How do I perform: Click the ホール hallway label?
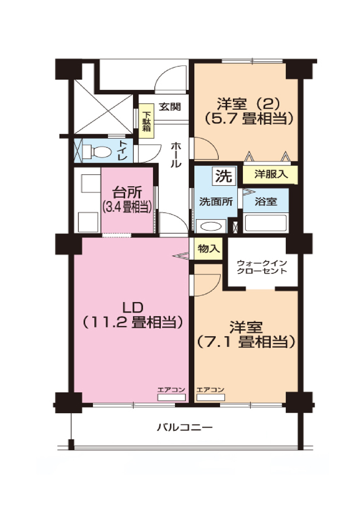[x=175, y=155]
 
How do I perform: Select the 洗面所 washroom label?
[x=216, y=202]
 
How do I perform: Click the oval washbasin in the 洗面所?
[x=211, y=226]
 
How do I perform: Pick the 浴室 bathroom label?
[x=266, y=202]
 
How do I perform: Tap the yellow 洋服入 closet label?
[x=271, y=174]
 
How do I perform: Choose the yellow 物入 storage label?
[x=208, y=249]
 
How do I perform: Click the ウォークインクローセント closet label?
[x=262, y=267]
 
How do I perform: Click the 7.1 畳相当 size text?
[x=246, y=342]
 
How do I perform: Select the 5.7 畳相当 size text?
[x=248, y=118]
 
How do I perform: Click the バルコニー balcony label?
[x=185, y=428]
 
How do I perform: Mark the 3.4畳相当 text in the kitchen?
[x=127, y=208]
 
